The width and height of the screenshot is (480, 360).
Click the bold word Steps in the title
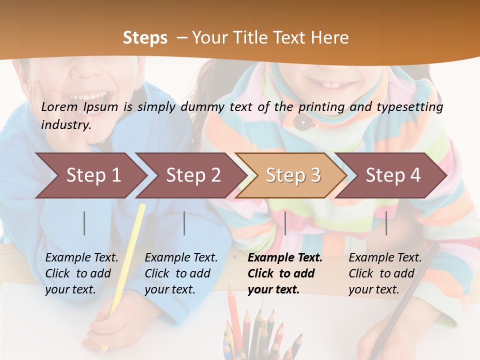145,38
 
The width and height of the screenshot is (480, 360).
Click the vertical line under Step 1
84,223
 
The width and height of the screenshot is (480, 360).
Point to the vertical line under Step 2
184,223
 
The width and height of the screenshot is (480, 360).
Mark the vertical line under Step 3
285,223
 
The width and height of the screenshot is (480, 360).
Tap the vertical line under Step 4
386,223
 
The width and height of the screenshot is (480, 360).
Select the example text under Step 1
81,273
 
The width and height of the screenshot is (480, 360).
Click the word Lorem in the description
59,107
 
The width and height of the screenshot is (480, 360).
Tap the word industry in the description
66,125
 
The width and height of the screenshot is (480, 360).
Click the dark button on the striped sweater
300,120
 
